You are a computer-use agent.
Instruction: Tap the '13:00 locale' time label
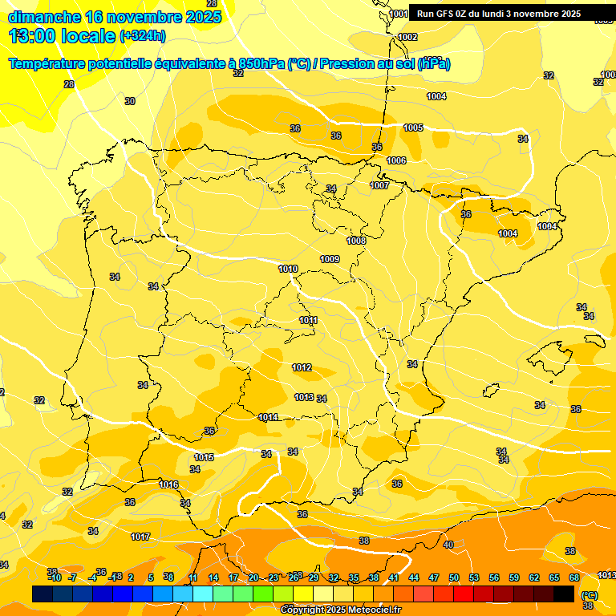(63, 35)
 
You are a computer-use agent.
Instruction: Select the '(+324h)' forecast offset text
(143, 36)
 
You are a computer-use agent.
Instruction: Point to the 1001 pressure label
(399, 14)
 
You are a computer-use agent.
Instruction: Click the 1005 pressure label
(413, 128)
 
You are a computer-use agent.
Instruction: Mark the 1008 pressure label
(356, 241)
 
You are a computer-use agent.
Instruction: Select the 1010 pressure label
(288, 269)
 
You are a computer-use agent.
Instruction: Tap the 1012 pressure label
(302, 367)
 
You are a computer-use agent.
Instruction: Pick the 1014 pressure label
(268, 417)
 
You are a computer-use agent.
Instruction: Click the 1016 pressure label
(168, 484)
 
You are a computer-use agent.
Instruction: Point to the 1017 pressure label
(140, 537)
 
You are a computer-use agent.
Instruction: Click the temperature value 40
(448, 545)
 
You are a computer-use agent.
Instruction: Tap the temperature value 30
(130, 101)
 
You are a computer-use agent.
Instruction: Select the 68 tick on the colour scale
(574, 577)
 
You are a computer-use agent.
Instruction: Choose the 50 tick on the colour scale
(454, 577)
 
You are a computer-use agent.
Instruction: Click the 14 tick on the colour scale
(213, 577)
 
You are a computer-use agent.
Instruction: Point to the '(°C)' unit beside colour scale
(590, 595)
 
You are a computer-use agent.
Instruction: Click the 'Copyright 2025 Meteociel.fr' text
(340, 610)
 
